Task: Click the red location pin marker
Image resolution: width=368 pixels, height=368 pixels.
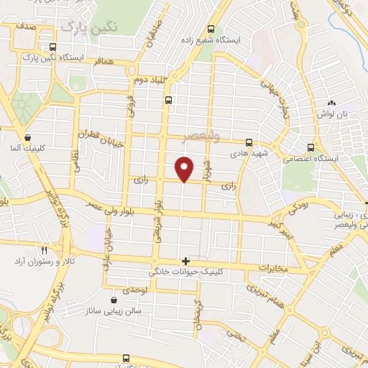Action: coord(185,169)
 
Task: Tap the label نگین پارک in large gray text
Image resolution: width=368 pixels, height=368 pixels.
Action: coord(89,27)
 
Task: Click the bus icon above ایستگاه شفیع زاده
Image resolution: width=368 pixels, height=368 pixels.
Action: coord(211,29)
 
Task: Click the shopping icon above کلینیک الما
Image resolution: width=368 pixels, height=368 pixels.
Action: coord(27,137)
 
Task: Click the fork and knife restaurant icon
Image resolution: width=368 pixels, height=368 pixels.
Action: coord(45,250)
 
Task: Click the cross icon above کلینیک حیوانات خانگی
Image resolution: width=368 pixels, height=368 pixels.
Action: coord(185,260)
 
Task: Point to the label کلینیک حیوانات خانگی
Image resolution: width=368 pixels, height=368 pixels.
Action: coord(184,273)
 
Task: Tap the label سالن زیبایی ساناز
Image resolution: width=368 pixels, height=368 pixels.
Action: coord(115,310)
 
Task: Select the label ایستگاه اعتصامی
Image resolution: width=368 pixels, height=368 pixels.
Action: coord(308,156)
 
